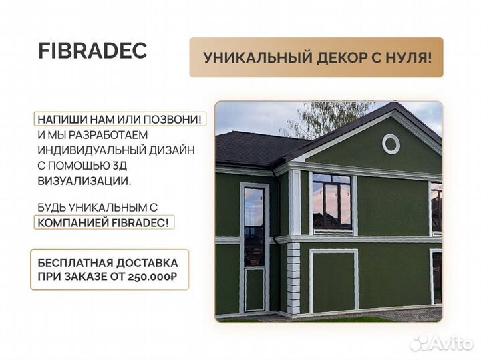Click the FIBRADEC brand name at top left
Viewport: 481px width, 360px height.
[x=92, y=52]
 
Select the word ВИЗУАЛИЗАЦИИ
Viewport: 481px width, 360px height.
[x=85, y=181]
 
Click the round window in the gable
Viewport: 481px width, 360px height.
[x=391, y=143]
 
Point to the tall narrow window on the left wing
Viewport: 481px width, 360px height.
[x=253, y=227]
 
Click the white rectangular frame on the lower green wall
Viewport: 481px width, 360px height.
[x=333, y=281]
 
